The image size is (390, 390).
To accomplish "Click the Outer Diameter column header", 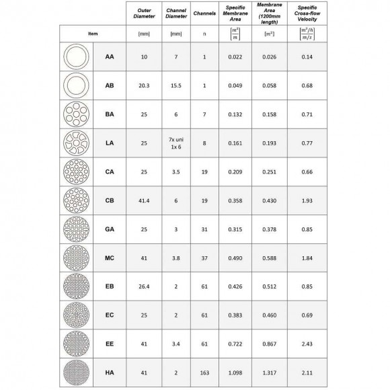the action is coord(143,13).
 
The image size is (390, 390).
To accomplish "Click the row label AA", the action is coord(109,57).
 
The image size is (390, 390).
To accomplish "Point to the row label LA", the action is coord(109,143).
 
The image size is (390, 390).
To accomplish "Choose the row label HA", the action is coord(109,371).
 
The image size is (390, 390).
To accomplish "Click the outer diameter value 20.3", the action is coord(143,86).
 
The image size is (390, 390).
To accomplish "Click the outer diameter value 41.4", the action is coord(143,200).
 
